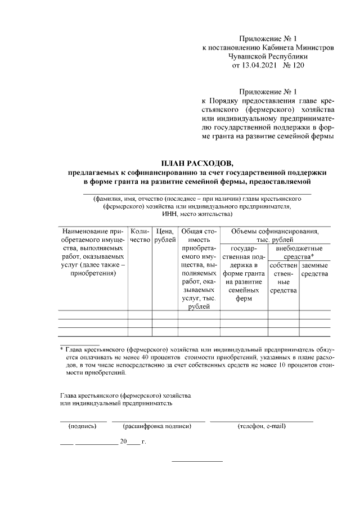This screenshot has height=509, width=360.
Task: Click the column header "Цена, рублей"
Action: click(164, 236)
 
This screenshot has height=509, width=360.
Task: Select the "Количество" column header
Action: click(140, 236)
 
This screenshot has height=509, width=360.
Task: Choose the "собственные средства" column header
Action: click(283, 277)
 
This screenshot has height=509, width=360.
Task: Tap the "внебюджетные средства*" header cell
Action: click(299, 252)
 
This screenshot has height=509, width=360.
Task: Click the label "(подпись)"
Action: click(83, 426)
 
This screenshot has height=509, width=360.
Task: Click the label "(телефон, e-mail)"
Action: click(262, 426)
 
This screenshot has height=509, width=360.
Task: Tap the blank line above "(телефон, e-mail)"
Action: click(262, 420)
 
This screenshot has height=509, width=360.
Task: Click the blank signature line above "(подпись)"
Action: click(83, 420)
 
